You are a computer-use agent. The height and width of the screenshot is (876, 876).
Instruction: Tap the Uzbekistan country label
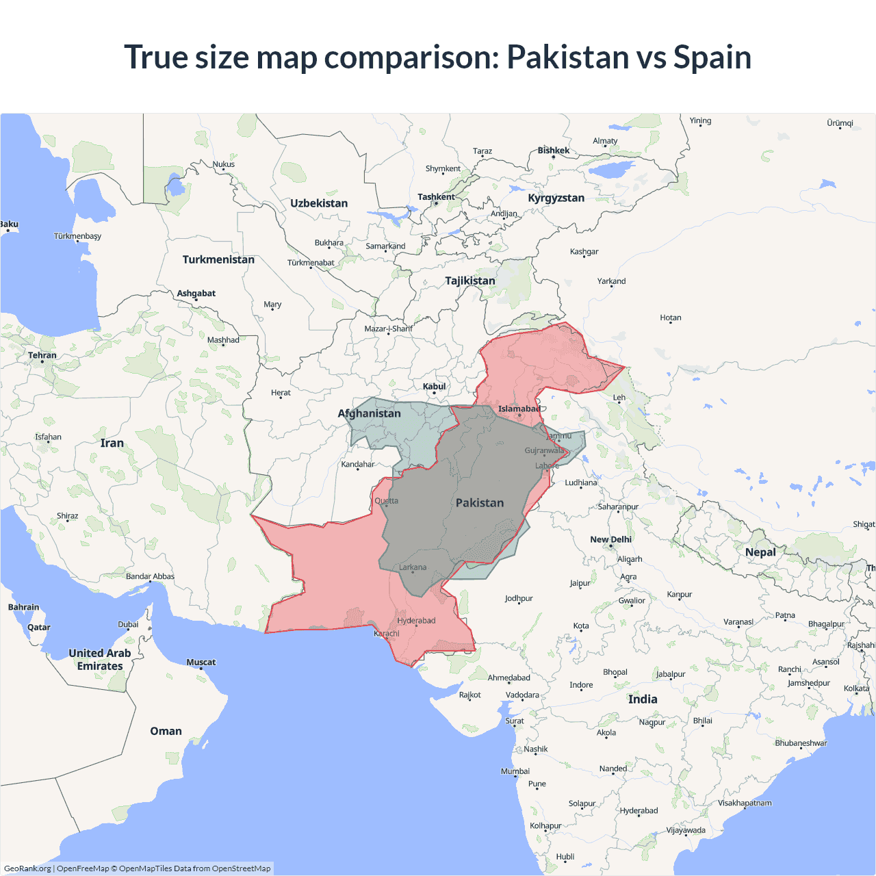pos(319,203)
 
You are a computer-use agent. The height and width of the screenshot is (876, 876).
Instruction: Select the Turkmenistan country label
pos(218,259)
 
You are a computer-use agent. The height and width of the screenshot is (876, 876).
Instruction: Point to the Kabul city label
pos(434,387)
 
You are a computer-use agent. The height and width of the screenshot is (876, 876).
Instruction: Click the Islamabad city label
pos(519,409)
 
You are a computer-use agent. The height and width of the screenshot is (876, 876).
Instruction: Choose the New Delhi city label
pos(610,539)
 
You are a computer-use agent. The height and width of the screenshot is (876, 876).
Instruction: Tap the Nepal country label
pos(760,552)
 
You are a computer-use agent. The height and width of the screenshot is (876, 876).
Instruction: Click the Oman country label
pos(166,731)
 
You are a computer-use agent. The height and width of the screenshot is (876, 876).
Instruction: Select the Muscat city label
pos(201,662)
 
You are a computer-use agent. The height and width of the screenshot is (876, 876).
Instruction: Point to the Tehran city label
pos(42,355)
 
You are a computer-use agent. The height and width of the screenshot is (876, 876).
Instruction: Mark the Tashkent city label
pos(436,197)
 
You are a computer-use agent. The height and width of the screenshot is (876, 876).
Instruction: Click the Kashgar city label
pos(584,252)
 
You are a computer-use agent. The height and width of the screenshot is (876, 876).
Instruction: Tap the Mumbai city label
pos(515,771)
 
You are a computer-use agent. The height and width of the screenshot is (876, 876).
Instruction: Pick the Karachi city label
pos(387,634)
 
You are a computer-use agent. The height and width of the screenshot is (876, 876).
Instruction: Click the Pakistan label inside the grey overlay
pos(480,503)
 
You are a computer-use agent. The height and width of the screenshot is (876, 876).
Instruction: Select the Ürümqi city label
pos(840,123)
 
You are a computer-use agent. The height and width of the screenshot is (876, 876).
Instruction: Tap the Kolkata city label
pos(856,688)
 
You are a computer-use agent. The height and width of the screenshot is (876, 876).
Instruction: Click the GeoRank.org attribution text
pos(27,868)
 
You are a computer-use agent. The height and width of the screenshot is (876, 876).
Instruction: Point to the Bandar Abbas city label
pos(150,576)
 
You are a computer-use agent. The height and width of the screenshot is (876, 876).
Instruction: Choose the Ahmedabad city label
pos(508,678)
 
